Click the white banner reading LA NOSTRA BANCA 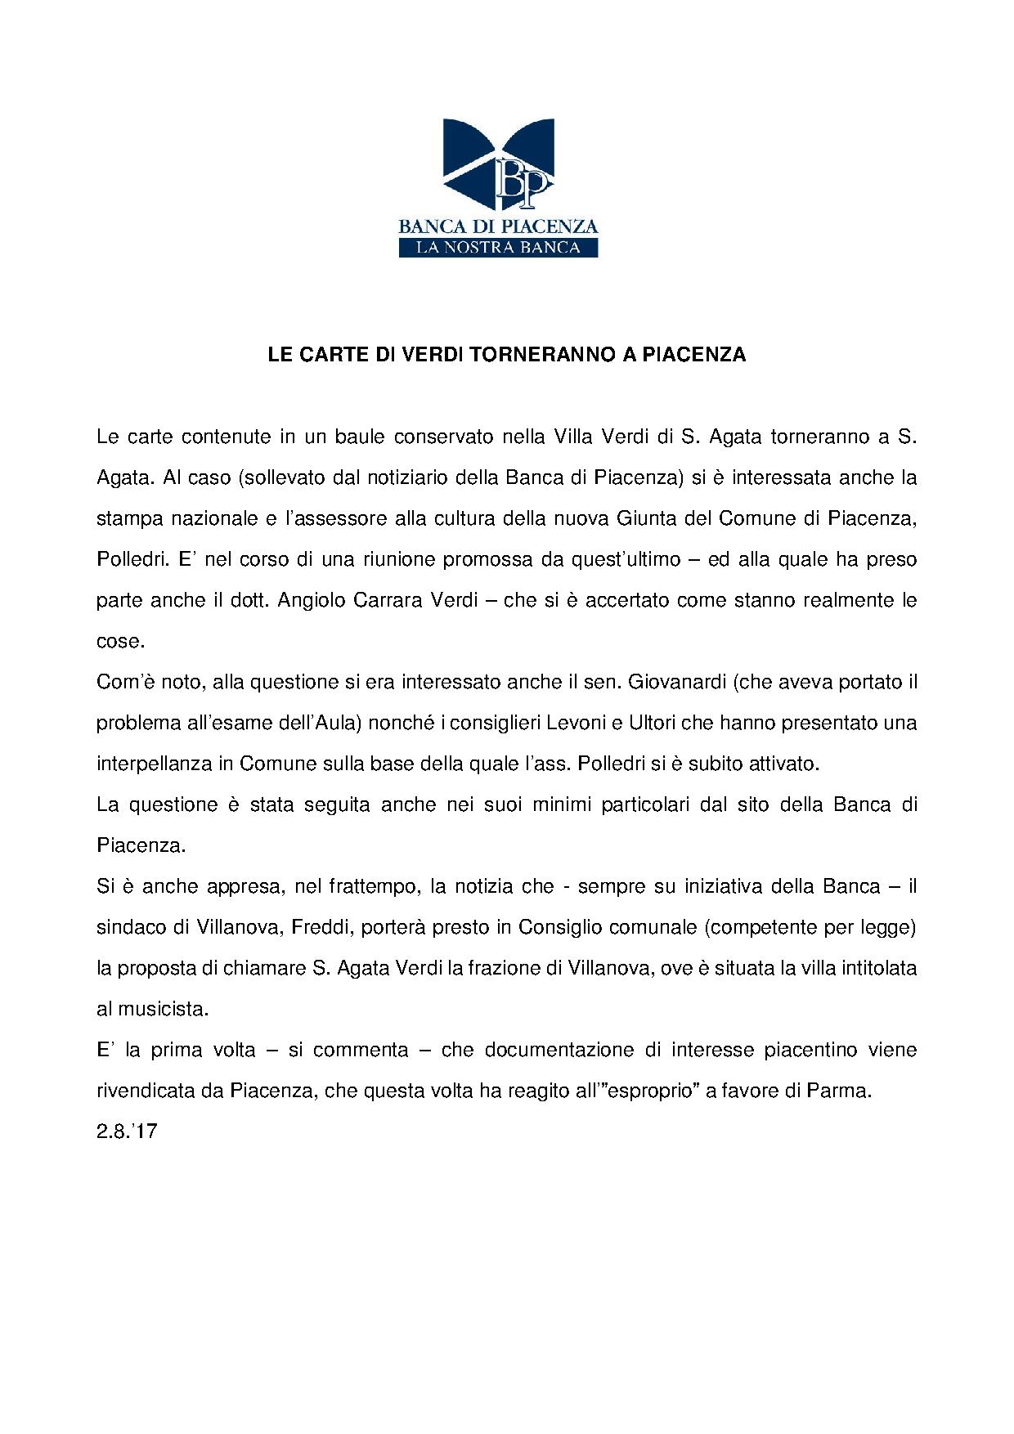point(498,247)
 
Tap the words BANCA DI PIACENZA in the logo point(498,226)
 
